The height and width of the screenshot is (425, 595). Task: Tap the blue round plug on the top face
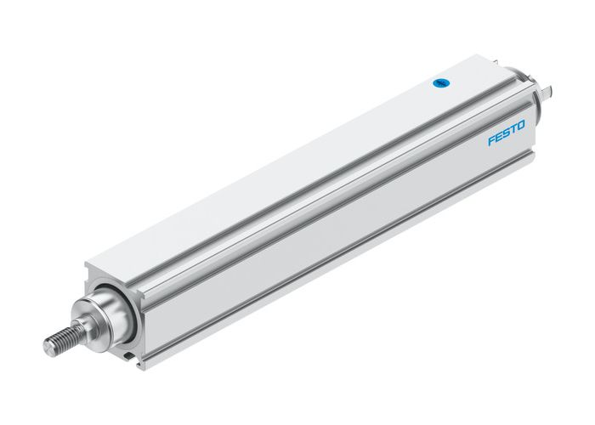tap(440, 83)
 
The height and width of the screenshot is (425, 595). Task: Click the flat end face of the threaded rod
tap(49, 347)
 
